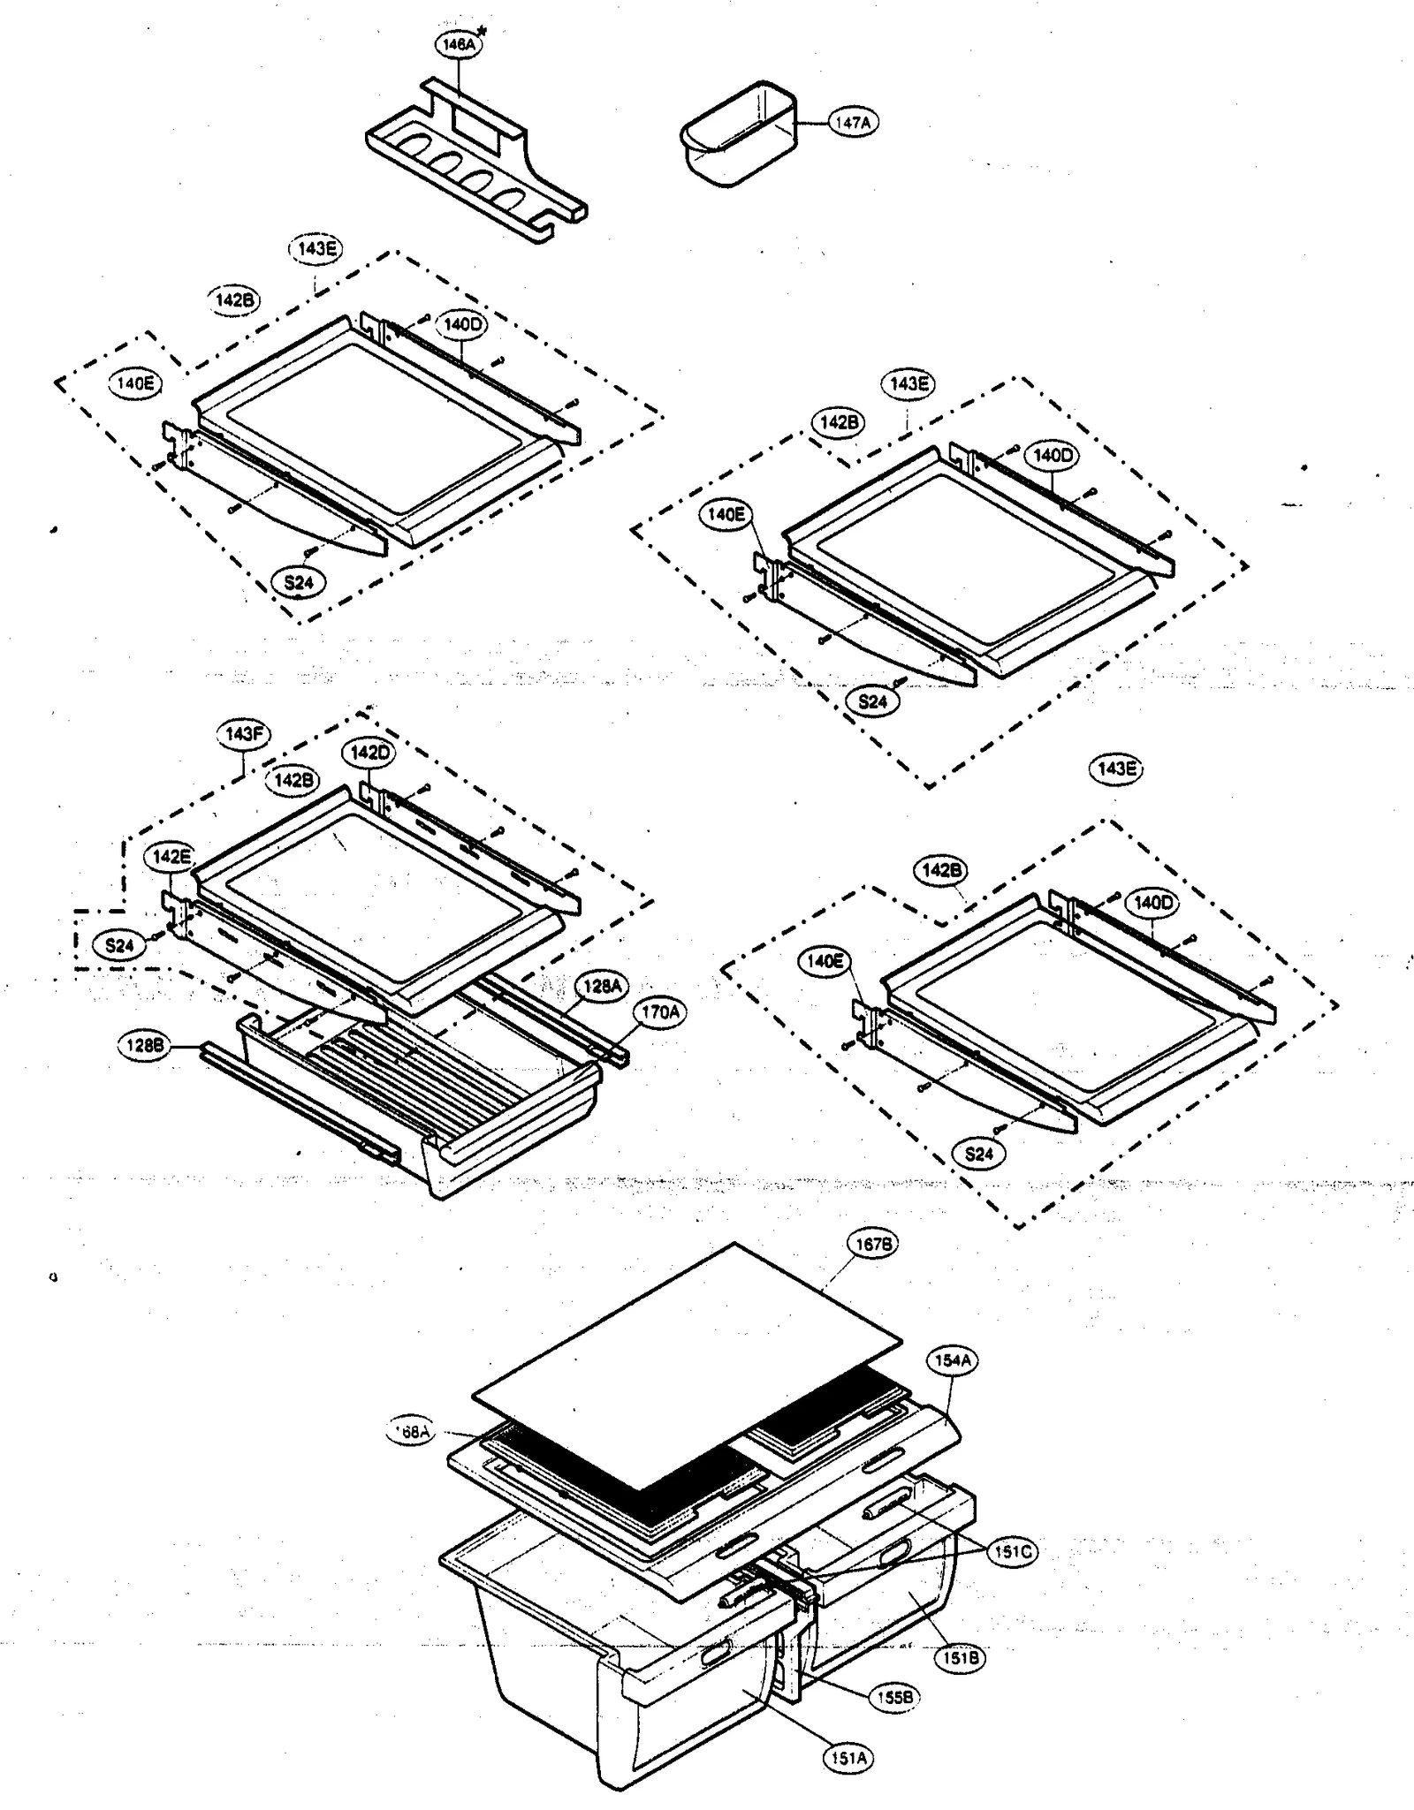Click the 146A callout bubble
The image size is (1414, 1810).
458,44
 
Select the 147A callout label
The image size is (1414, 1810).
852,124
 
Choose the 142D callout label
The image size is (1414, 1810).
369,753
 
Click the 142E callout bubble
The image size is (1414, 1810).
171,856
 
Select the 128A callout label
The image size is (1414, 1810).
603,985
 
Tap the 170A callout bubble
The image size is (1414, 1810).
660,1012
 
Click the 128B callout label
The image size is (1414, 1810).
144,1046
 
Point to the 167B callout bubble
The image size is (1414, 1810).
872,1244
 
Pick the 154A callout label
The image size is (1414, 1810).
953,1360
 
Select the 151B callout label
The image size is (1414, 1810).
961,1659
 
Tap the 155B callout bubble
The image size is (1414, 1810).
894,1697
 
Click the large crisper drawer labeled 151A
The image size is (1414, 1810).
566,1661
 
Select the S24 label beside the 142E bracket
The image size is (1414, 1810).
119,946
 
